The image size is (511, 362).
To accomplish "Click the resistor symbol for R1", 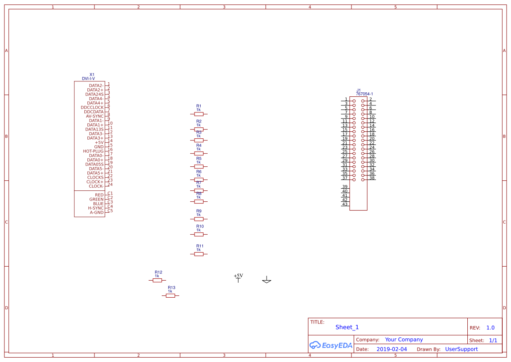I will click(199, 114).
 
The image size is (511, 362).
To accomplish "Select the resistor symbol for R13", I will click(170, 296).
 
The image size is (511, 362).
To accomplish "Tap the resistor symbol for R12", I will click(157, 280).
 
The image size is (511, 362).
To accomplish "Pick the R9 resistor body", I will click(199, 219).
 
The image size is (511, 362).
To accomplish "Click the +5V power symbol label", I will click(238, 276).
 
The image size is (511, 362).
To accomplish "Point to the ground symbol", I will click(267, 281).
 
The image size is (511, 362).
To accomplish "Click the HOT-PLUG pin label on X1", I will click(94, 151).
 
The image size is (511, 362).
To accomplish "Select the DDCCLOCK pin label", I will click(92, 108).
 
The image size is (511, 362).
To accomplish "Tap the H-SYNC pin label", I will click(96, 208).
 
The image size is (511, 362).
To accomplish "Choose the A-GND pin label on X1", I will click(97, 213).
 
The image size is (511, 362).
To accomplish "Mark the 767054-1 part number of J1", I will click(364, 94).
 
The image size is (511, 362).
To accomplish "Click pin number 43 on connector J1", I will click(345, 204).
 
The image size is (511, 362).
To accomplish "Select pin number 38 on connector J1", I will click(372, 178).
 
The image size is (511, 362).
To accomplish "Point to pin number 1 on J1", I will click(346, 99).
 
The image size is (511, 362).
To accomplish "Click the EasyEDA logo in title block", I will click(330, 345).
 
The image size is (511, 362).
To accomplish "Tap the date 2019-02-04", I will click(392, 349).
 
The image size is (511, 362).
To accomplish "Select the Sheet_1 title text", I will click(347, 327).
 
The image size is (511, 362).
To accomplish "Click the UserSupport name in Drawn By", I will click(461, 349).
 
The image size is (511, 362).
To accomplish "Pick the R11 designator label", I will click(200, 246).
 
